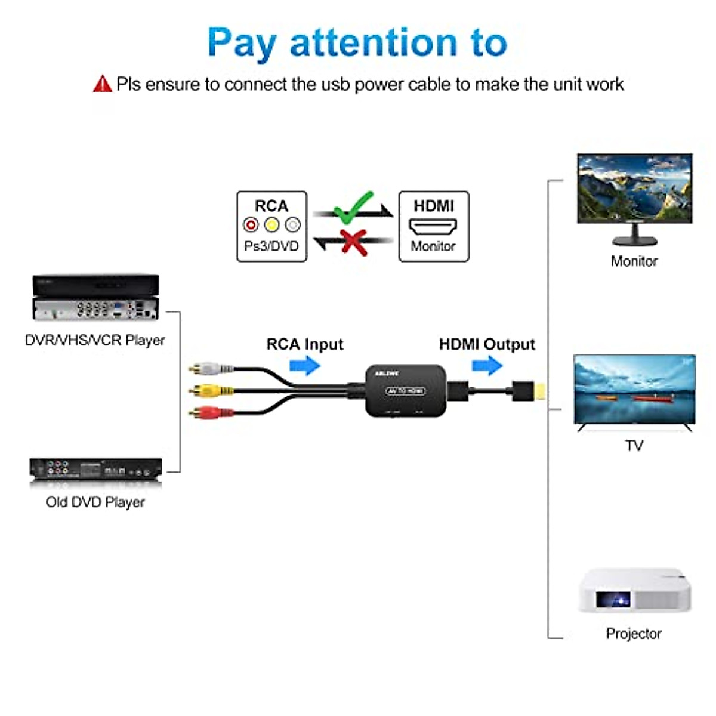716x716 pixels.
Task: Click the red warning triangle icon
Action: click(103, 84)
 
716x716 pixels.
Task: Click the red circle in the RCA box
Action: click(251, 225)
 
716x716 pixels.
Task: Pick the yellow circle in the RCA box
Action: click(271, 225)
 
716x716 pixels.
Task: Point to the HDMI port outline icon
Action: click(433, 226)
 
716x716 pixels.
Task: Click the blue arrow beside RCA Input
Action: click(305, 365)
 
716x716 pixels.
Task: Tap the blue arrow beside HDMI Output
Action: click(487, 365)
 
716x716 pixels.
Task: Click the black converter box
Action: click(406, 391)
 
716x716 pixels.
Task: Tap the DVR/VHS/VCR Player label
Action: click(95, 340)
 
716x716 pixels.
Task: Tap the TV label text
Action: click(634, 446)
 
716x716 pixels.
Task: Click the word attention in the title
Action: click(373, 43)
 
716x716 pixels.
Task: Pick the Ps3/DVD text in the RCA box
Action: click(271, 246)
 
